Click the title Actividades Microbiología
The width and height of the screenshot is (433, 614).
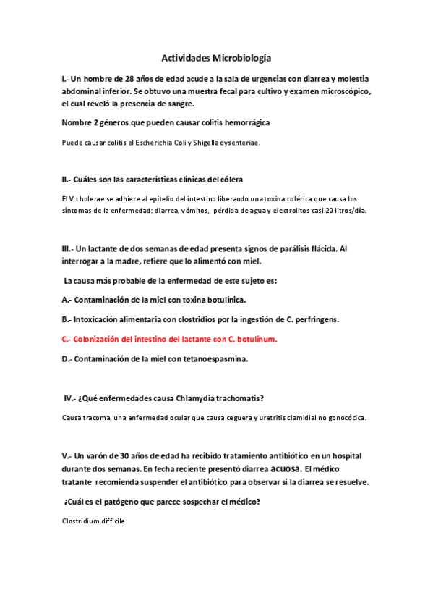coord(216,57)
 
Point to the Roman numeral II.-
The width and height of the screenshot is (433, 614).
coord(67,180)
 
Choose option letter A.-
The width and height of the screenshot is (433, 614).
coord(67,300)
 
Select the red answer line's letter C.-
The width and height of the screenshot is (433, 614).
coord(67,338)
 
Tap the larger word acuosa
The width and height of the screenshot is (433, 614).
coord(279,469)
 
